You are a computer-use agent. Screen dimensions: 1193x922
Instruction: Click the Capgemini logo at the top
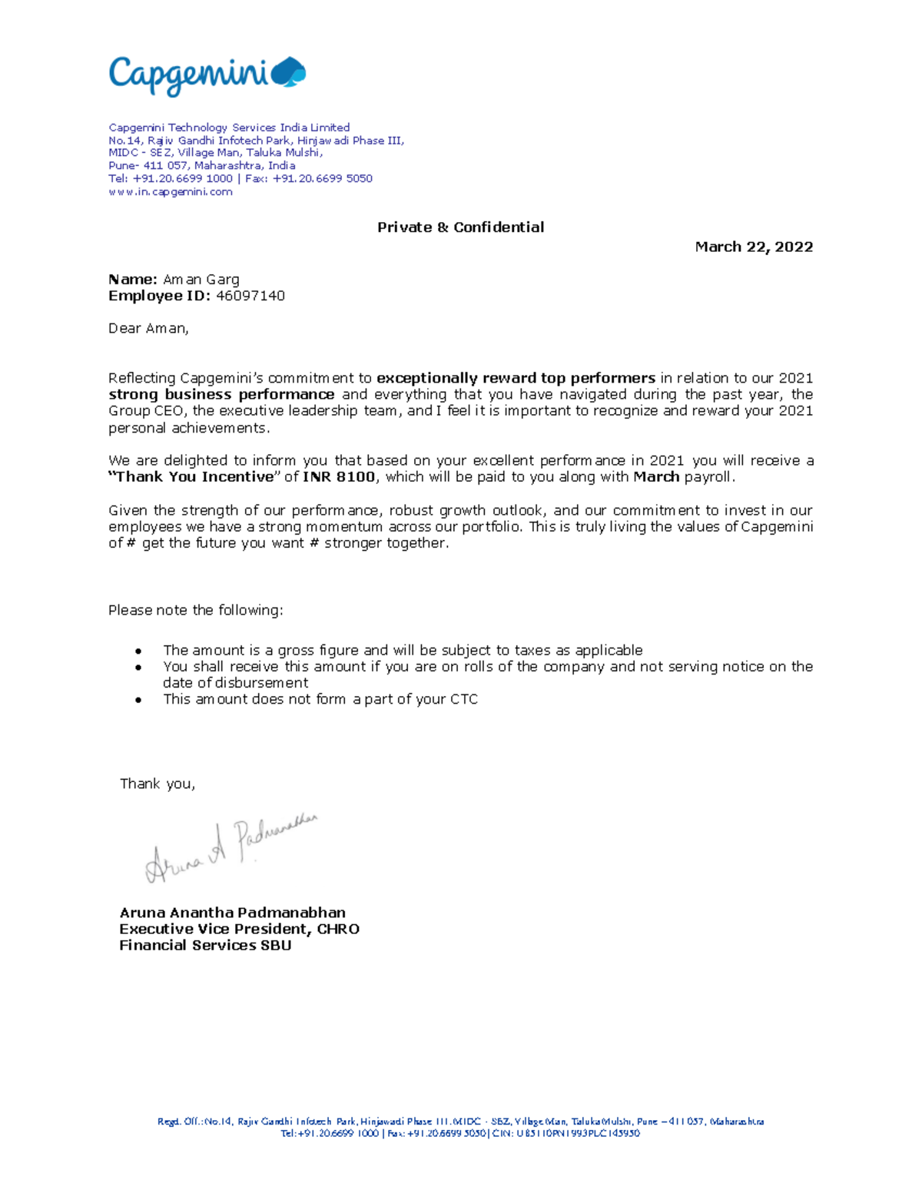[x=206, y=75]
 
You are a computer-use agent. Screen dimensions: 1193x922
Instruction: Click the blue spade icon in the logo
[x=290, y=71]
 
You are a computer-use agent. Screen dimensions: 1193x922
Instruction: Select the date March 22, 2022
[x=753, y=247]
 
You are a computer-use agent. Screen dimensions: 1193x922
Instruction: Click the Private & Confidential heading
[x=460, y=227]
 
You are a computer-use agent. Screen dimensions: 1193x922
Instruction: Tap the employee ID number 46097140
[x=250, y=296]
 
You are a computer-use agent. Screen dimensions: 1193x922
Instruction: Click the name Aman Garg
[x=201, y=280]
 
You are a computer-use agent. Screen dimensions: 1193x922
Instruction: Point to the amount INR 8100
[x=339, y=477]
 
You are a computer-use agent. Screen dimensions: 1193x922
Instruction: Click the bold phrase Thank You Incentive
[x=194, y=477]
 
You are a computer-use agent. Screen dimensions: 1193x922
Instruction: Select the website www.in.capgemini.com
[x=170, y=192]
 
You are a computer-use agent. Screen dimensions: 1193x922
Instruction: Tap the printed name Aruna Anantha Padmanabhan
[x=232, y=913]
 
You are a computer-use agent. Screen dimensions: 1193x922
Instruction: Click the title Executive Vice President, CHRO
[x=239, y=929]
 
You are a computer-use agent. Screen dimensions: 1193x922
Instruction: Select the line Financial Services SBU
[x=205, y=946]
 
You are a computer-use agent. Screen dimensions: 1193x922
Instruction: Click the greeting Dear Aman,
[x=148, y=329]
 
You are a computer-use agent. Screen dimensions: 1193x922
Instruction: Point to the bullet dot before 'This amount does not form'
[x=138, y=701]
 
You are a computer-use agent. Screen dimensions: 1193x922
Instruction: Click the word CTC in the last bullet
[x=464, y=700]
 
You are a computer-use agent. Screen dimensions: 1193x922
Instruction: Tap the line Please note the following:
[x=195, y=611]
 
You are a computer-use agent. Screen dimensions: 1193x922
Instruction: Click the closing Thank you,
[x=158, y=784]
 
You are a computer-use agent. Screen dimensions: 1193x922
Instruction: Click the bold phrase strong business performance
[x=221, y=395]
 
